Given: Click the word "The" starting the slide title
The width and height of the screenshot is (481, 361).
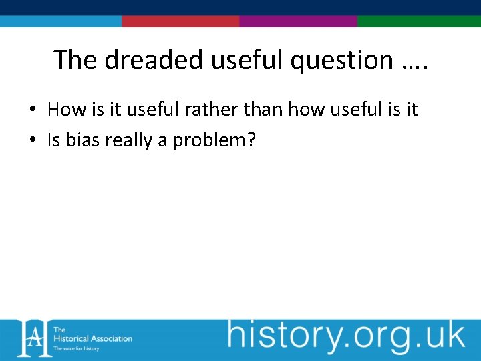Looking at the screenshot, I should tap(75, 59).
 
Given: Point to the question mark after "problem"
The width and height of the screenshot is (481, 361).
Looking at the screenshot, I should tap(252, 140).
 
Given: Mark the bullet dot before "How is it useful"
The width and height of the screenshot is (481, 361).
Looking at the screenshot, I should tap(33, 110).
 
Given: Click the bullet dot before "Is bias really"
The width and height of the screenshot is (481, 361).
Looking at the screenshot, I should tap(33, 141).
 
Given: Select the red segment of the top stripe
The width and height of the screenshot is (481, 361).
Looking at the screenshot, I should tap(180, 21).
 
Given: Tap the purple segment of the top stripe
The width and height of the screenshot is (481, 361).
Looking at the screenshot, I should tap(298, 21).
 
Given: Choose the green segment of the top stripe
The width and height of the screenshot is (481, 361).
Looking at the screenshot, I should tap(419, 21).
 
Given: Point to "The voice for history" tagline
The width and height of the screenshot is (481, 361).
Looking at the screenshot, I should tap(76, 348).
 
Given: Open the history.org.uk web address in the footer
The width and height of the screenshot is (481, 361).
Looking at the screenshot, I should tap(346, 336).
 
